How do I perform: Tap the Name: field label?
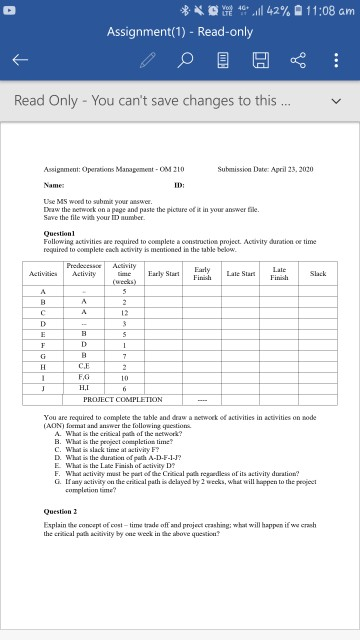click(x=56, y=184)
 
